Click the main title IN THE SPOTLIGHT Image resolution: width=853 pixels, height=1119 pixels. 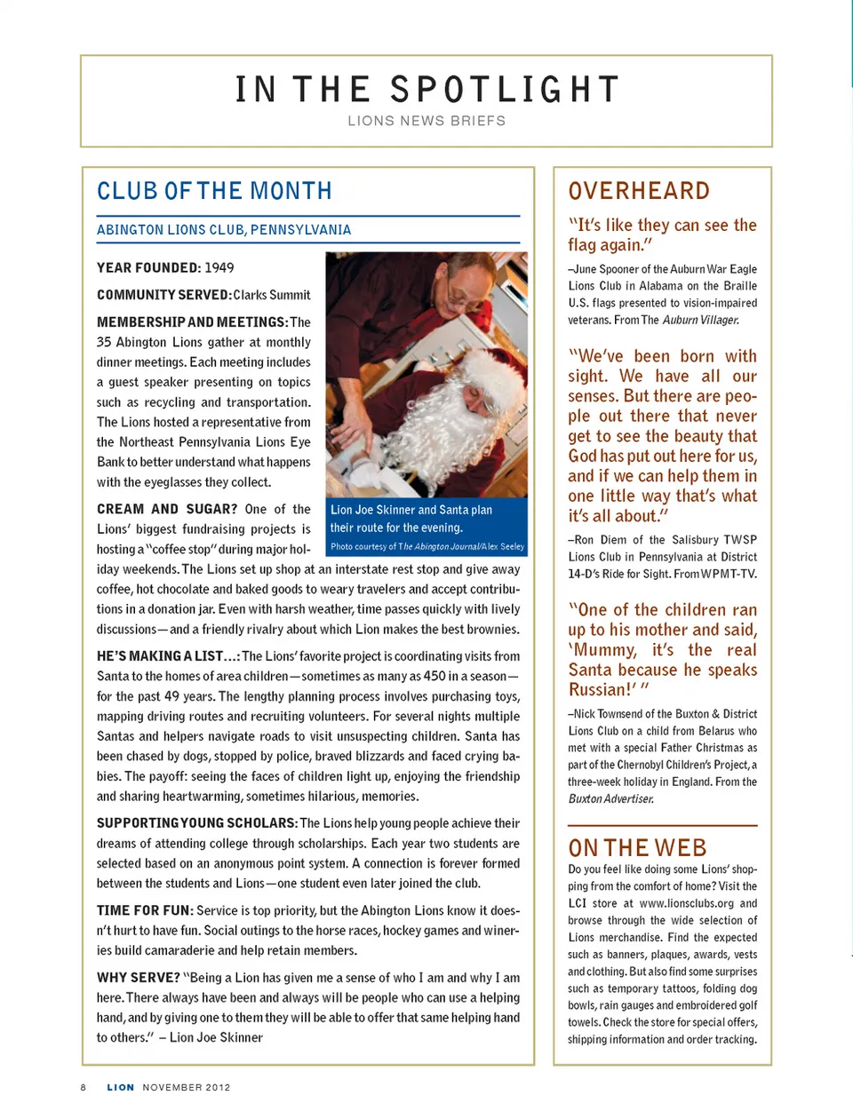(x=426, y=90)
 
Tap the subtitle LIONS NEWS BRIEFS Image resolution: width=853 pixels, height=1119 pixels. (x=426, y=121)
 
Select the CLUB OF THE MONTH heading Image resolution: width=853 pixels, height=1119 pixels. (x=214, y=191)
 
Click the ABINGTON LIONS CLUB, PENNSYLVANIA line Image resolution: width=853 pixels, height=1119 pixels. (x=224, y=230)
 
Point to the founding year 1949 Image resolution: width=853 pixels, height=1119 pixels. (x=219, y=267)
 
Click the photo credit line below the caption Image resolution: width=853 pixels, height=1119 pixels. (x=427, y=547)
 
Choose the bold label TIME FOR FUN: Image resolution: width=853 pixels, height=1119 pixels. (x=144, y=910)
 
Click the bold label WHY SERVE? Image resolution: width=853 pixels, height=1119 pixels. (x=138, y=977)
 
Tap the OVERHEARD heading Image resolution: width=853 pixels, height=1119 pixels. (x=639, y=191)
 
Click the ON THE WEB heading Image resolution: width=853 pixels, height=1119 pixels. (x=637, y=847)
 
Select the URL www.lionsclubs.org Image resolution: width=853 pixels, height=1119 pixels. (x=687, y=903)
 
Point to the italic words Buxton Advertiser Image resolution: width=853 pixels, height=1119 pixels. (x=611, y=798)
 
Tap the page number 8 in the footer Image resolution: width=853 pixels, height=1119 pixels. (x=84, y=1087)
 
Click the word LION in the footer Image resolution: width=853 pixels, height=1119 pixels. (x=121, y=1087)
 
